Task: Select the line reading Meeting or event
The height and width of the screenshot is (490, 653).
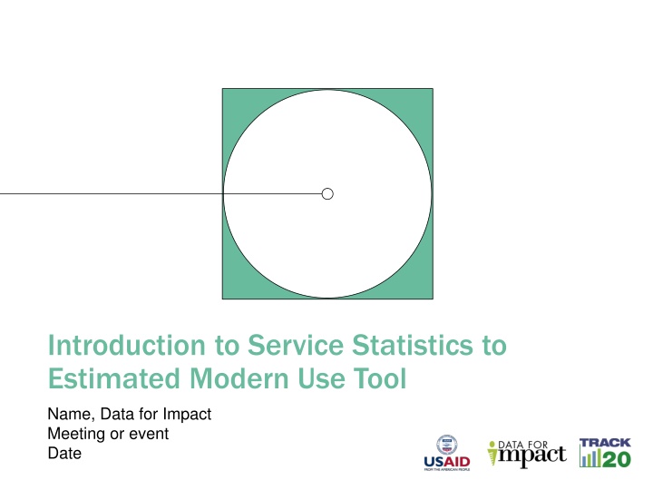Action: coord(107,434)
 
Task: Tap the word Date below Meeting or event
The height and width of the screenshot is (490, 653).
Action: coord(63,454)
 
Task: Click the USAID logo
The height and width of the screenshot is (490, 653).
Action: coord(446,453)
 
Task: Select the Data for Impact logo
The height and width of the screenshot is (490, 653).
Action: coord(526,453)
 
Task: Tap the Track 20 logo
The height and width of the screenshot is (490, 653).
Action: coord(605,453)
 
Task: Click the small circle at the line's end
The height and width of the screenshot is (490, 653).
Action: coord(327,193)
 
